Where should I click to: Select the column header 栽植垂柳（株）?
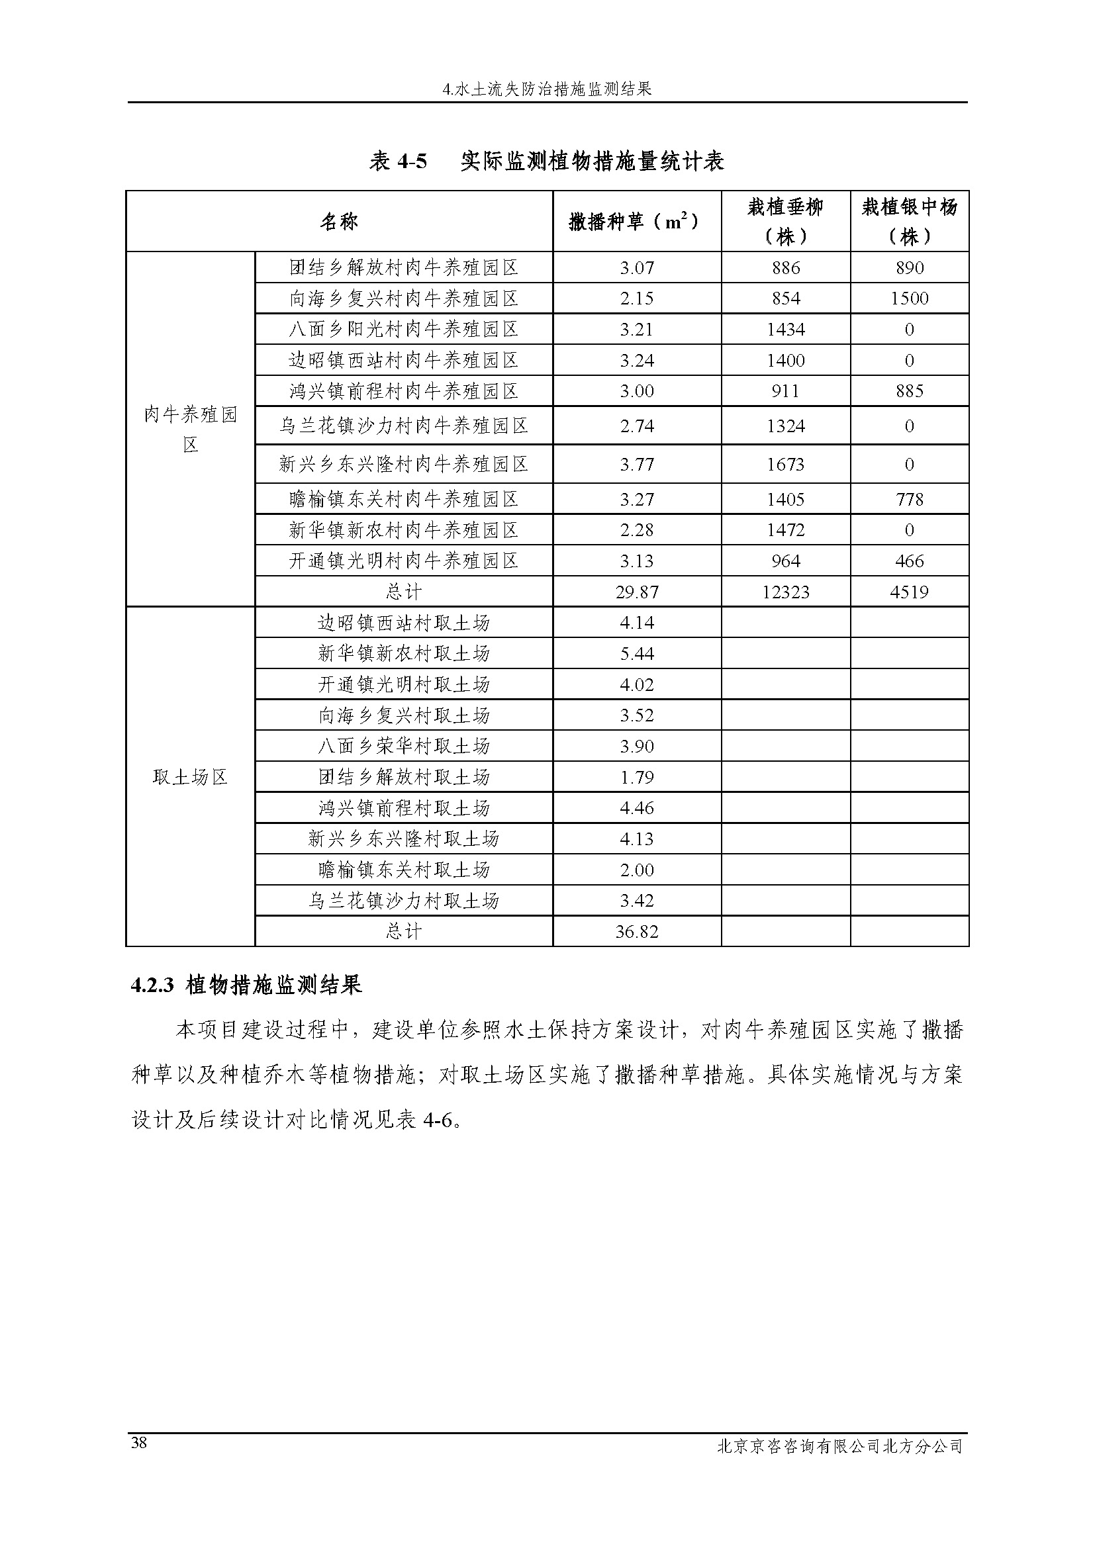786,221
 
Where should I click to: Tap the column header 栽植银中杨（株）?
909,221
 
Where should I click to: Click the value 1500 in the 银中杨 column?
909,298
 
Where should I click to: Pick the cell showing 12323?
786,592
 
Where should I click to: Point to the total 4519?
909,592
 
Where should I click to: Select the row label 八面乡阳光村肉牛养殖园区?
403,330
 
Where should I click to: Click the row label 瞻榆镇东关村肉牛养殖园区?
403,500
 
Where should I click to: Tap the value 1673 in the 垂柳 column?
786,465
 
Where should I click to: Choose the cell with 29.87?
636,592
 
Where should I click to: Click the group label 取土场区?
190,778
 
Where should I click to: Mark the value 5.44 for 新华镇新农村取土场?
636,653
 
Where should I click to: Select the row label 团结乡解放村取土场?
403,778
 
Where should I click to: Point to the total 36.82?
636,932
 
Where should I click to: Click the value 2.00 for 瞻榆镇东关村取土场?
636,870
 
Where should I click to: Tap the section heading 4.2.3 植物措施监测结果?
247,985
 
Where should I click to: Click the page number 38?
140,1442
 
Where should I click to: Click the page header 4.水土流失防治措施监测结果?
547,89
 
